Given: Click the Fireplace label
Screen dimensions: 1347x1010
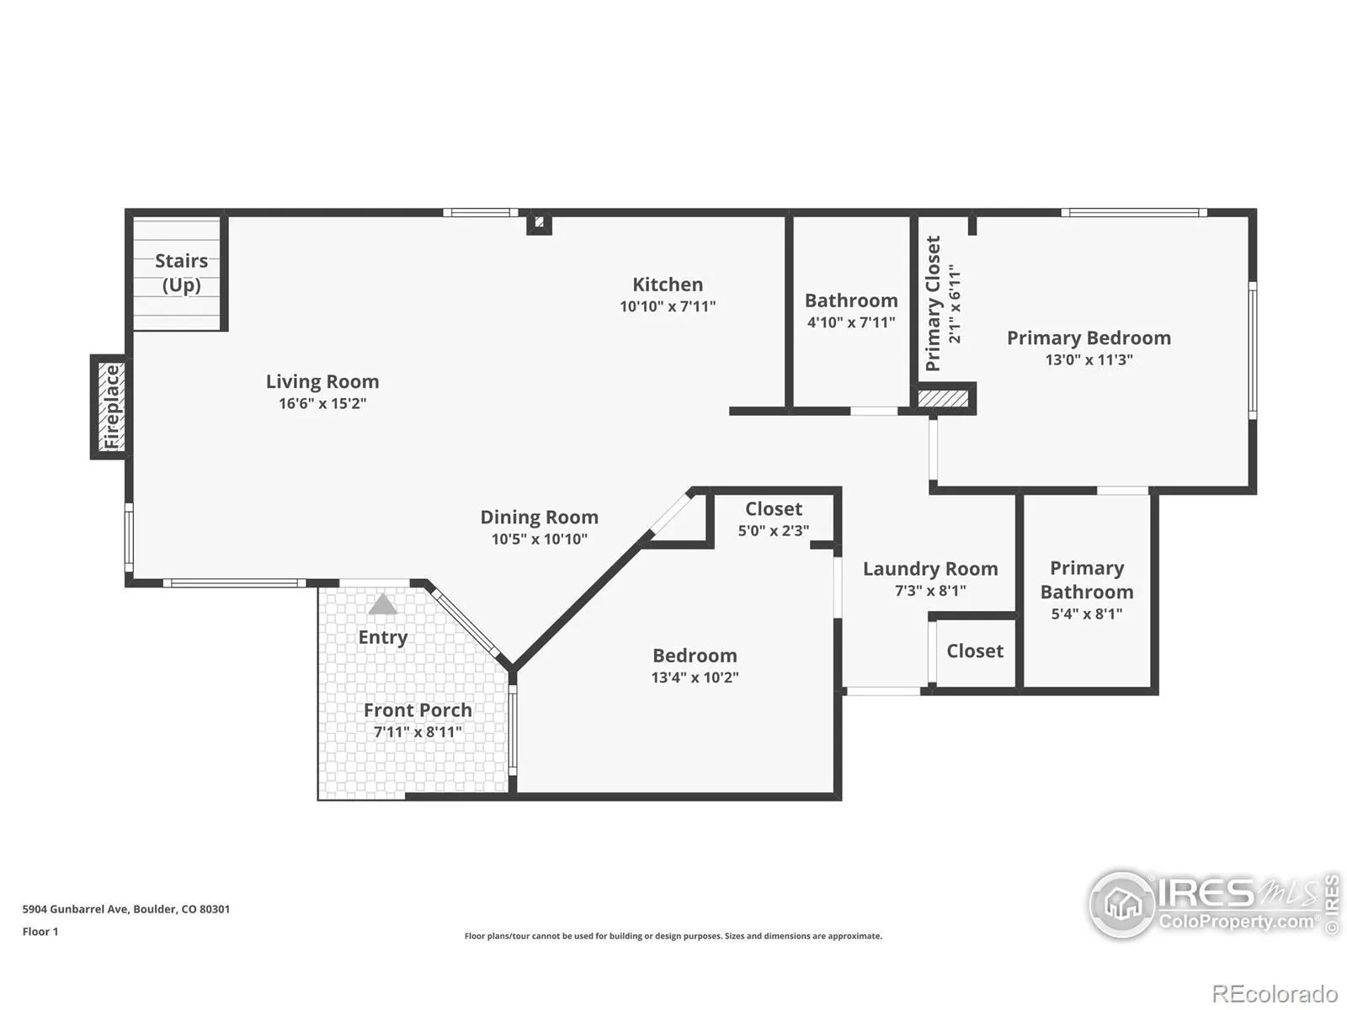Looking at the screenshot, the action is click(112, 407).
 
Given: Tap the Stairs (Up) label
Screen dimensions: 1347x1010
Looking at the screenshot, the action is click(181, 273).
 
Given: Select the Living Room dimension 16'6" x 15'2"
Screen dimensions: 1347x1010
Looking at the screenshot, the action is click(322, 403).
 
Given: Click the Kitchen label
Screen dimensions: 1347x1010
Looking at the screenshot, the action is click(668, 284).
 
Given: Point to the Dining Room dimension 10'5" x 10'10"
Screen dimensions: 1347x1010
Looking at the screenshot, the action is click(540, 539).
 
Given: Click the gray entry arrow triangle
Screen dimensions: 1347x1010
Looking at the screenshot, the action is click(382, 604).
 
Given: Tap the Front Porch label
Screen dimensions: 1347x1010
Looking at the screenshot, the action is click(418, 710).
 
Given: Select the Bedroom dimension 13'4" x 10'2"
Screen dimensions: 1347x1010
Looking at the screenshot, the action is click(695, 678).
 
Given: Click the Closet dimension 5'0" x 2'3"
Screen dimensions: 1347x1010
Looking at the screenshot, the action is click(774, 530).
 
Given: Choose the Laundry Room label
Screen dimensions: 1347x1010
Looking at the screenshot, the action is click(930, 569).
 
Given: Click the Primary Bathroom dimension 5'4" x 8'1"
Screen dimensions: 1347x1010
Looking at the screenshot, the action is click(1087, 614).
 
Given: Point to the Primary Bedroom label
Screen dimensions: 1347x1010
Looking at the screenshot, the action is click(1089, 338).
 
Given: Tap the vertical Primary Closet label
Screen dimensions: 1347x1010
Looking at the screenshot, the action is click(933, 304).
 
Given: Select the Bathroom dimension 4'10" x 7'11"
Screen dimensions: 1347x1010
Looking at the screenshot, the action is click(851, 322).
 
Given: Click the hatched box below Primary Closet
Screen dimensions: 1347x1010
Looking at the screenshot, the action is click(943, 399).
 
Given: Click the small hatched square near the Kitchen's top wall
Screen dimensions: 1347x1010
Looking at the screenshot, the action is click(540, 222).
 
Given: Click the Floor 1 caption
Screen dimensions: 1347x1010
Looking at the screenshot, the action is click(40, 932).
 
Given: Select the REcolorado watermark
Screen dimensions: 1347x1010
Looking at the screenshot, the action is click(1275, 994).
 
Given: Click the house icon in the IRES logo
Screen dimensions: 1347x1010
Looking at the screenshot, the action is click(1123, 904).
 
